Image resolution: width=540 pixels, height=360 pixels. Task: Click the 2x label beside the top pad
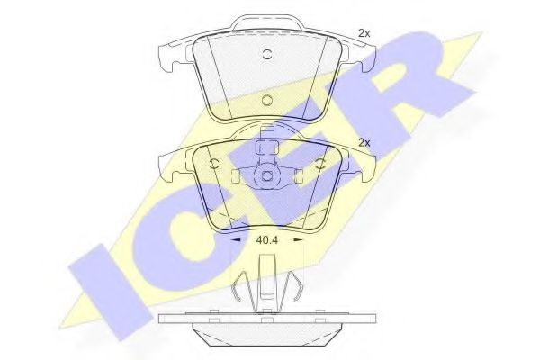364,33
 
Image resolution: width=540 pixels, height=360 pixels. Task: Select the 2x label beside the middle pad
364,142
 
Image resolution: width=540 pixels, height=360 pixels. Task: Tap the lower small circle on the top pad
265,101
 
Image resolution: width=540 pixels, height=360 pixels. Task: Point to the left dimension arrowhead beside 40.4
237,241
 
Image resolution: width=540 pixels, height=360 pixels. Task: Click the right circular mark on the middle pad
320,163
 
